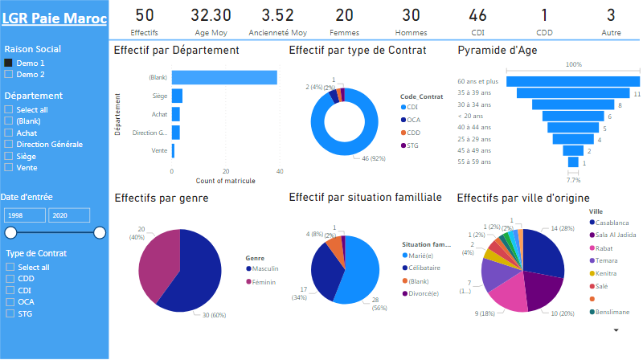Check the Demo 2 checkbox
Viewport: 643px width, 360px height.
(x=9, y=74)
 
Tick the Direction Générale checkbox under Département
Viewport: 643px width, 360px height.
(x=9, y=144)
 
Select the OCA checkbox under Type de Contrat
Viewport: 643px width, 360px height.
(x=9, y=302)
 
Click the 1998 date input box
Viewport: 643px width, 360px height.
(x=24, y=215)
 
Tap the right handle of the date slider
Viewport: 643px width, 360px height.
(x=100, y=233)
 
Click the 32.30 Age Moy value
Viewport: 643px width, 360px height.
(x=211, y=14)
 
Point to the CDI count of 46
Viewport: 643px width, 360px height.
(x=477, y=14)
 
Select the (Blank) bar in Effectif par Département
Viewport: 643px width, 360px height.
(x=224, y=77)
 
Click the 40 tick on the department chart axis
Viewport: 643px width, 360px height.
(x=279, y=171)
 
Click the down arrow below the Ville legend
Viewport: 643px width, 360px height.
(x=616, y=329)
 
